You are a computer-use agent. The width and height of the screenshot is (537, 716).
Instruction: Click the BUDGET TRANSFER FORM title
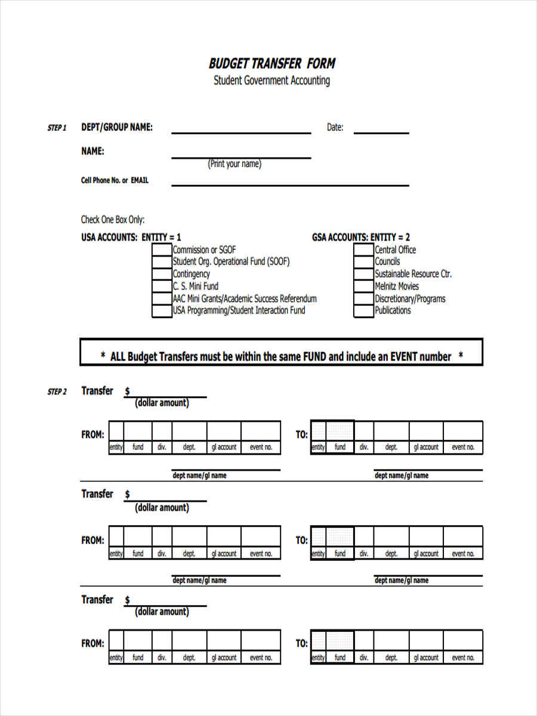(x=271, y=63)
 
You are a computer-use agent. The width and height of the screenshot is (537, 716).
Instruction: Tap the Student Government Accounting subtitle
(x=271, y=81)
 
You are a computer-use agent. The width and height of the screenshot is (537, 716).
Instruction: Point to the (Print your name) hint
(x=234, y=164)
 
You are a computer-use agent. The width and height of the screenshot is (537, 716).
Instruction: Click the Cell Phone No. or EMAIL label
(x=115, y=180)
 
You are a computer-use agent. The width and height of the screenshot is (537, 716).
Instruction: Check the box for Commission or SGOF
(x=161, y=250)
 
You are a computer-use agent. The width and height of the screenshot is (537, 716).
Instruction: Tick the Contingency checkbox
(x=161, y=274)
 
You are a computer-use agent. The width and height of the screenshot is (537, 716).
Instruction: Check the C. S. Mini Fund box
(x=161, y=286)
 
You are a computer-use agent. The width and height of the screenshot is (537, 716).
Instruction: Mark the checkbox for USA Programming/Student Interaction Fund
(x=161, y=311)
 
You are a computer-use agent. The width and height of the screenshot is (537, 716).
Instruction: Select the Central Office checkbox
(x=363, y=250)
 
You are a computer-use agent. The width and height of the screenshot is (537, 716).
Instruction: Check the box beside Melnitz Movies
(x=363, y=286)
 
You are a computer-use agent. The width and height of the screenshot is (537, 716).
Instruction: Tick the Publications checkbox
(x=363, y=311)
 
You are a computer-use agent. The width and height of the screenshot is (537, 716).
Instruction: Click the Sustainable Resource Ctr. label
(x=413, y=274)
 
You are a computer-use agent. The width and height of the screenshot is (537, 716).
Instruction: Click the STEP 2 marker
(x=57, y=392)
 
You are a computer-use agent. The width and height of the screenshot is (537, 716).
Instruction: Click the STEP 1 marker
(x=57, y=128)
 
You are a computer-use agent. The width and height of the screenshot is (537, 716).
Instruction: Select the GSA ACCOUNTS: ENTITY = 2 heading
(x=361, y=237)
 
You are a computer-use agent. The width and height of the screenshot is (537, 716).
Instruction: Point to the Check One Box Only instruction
(x=113, y=220)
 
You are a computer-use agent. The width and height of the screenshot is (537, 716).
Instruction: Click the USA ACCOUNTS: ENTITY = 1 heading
(x=131, y=237)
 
